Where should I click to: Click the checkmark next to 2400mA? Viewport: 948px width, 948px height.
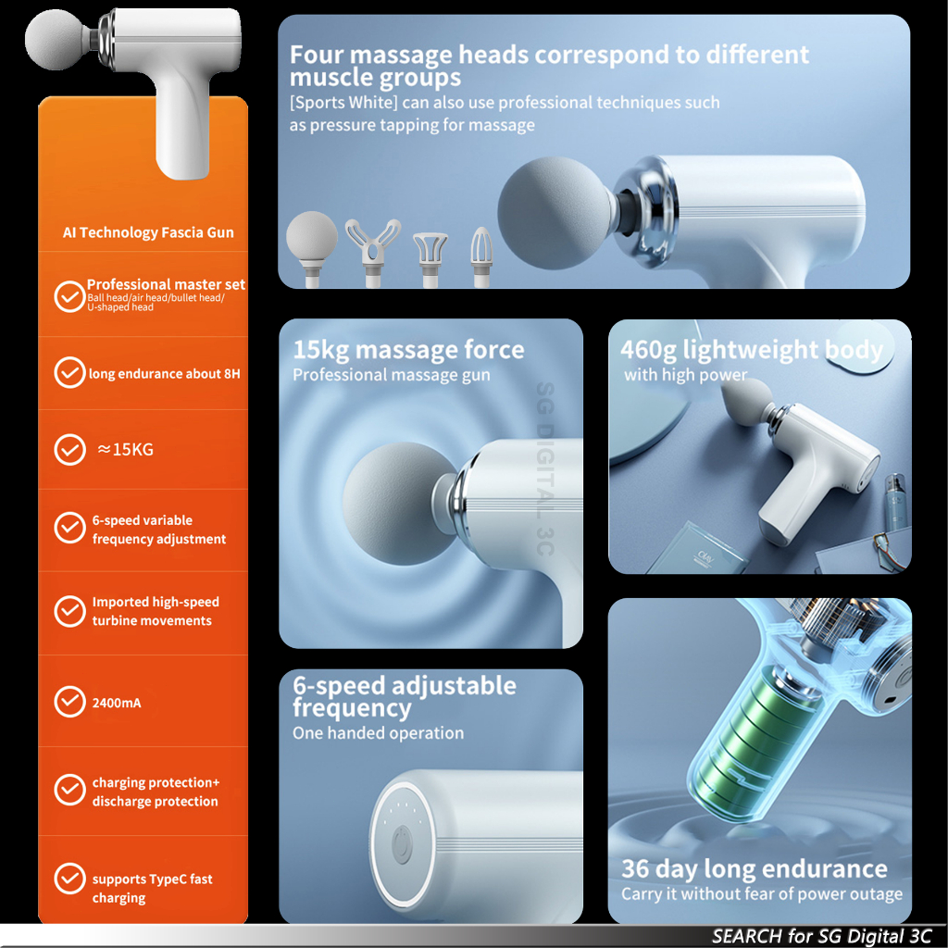[70, 702]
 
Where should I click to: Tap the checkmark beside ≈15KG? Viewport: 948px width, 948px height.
[70, 449]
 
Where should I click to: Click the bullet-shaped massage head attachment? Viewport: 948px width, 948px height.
[481, 256]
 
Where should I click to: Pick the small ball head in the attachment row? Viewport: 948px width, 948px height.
[312, 248]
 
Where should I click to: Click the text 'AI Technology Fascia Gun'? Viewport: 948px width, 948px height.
[148, 232]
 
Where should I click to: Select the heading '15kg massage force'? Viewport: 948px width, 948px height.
[408, 349]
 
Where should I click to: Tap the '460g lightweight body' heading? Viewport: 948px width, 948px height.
[752, 349]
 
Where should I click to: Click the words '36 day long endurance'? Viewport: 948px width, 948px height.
[755, 868]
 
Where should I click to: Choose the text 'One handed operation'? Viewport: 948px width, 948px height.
[379, 733]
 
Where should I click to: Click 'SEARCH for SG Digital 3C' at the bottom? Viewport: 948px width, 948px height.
[822, 936]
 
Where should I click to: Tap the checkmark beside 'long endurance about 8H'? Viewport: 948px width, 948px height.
[70, 372]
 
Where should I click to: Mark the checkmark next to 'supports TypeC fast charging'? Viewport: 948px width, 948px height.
[70, 879]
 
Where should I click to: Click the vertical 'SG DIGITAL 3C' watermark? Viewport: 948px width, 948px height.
[544, 468]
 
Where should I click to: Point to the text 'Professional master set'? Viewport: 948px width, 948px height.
[167, 284]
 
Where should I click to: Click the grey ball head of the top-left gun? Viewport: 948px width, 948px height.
[56, 39]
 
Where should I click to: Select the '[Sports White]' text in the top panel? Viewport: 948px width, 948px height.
[343, 102]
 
